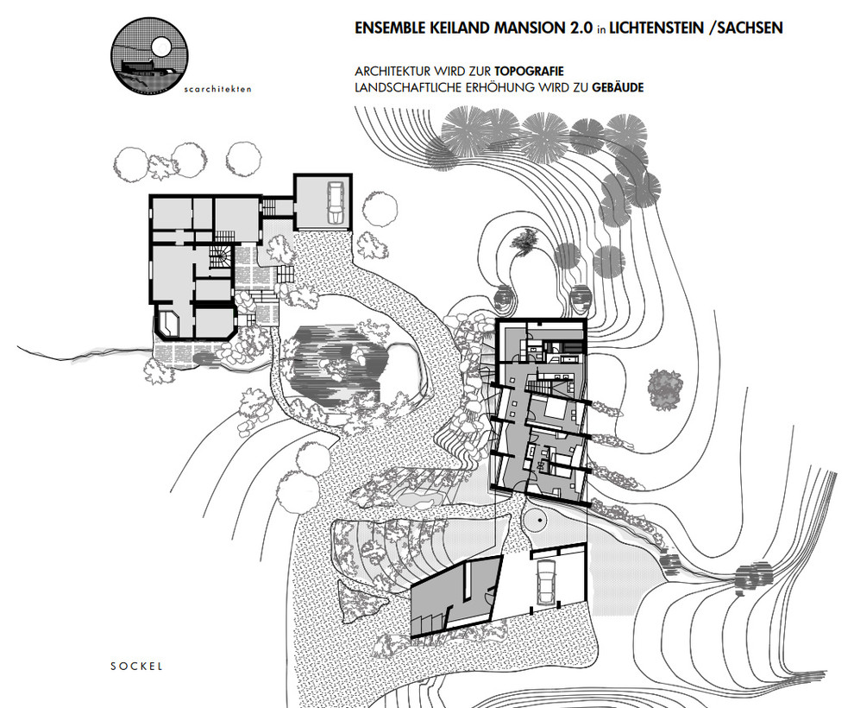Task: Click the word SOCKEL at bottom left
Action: click(136, 666)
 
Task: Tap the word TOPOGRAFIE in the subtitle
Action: click(529, 72)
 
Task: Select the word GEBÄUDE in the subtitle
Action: click(618, 87)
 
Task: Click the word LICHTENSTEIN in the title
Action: click(656, 28)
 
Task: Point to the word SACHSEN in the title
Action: click(750, 28)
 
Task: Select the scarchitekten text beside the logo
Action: click(218, 89)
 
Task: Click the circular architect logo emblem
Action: click(150, 55)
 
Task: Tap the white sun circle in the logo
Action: click(161, 47)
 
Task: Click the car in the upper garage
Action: click(335, 202)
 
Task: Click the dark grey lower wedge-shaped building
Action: click(456, 596)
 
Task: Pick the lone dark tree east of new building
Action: click(665, 389)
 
